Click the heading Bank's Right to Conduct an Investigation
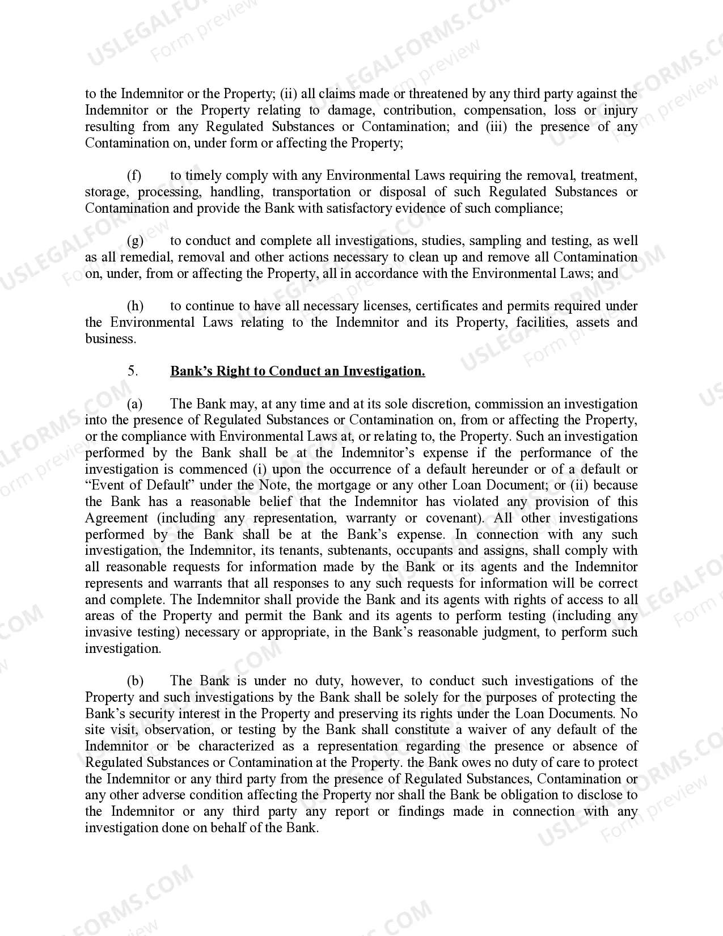point(297,371)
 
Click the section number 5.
point(133,371)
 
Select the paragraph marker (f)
point(134,175)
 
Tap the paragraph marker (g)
point(135,241)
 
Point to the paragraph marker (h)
point(135,306)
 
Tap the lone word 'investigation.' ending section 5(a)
point(123,648)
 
